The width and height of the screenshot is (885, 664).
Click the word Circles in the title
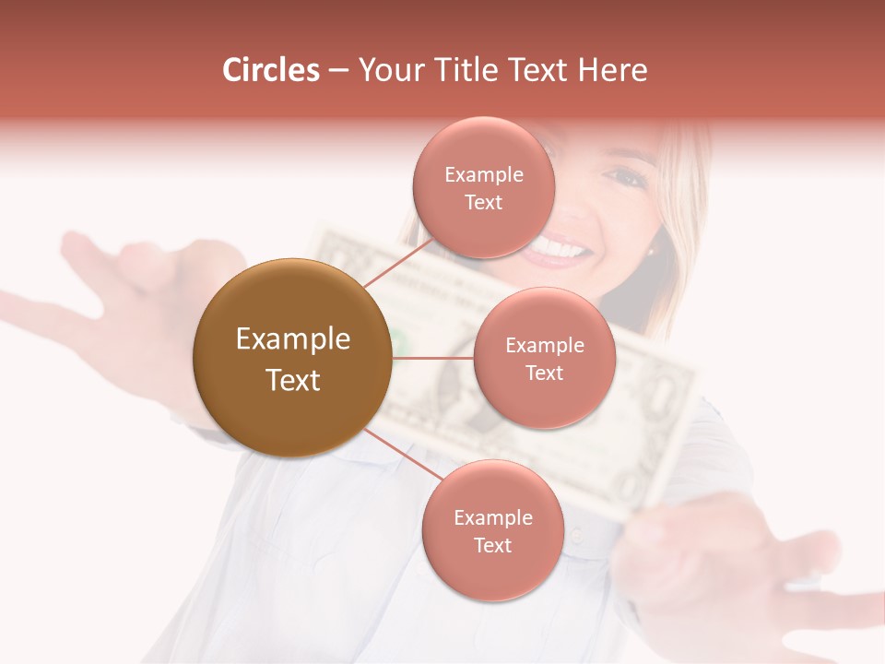tap(271, 70)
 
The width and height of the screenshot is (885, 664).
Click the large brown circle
tap(292, 358)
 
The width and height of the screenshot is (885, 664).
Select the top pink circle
tap(483, 187)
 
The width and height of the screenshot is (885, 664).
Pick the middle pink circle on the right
tap(544, 358)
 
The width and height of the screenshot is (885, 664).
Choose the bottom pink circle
tap(492, 530)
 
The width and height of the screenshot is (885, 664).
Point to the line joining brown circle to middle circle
tap(433, 358)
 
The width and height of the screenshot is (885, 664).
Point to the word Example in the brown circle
tap(292, 339)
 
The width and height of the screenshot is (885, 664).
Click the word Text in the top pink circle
tap(483, 203)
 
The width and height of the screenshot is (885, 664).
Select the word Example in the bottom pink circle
tap(492, 517)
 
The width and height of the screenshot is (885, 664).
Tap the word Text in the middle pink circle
tap(544, 373)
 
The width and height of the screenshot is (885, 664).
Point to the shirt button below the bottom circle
tap(577, 534)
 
